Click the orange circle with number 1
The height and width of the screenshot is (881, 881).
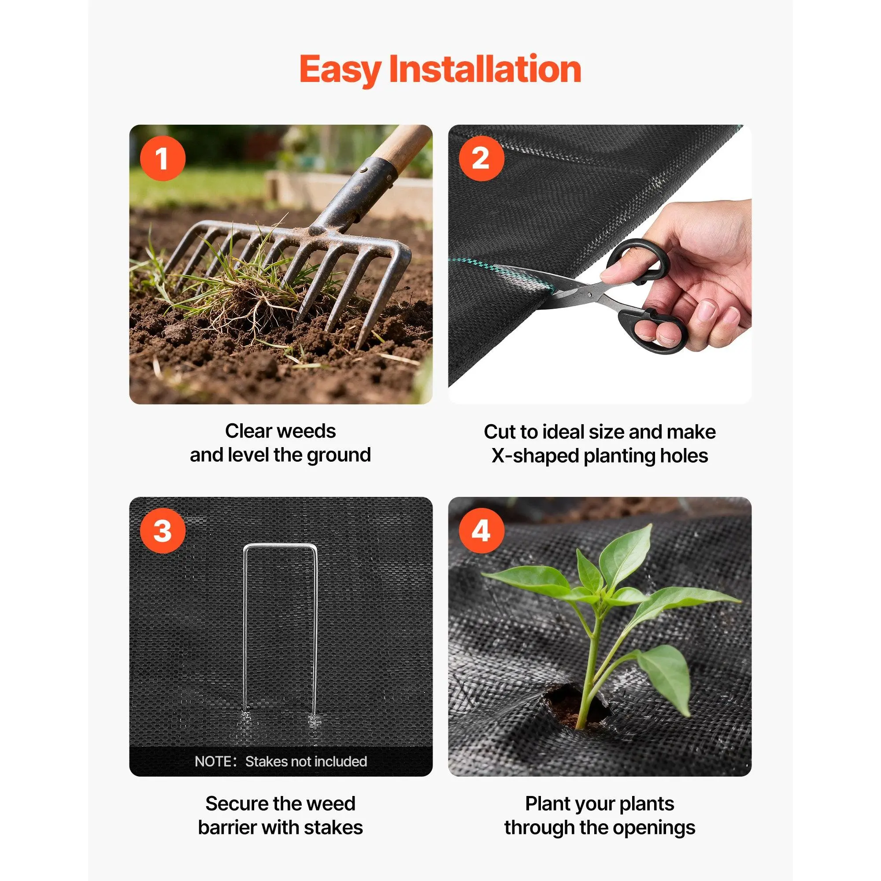coord(163,159)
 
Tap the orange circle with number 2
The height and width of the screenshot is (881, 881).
coord(481,159)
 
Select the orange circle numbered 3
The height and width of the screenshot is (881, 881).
coord(163,531)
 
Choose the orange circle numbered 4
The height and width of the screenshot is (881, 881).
coord(481,531)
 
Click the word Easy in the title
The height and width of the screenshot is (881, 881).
coord(340,69)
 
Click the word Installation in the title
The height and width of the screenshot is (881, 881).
coord(485,69)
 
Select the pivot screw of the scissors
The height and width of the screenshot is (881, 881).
coord(593,294)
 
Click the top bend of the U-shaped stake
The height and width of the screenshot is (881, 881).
coord(280,546)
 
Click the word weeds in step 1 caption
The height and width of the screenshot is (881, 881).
coord(309,431)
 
